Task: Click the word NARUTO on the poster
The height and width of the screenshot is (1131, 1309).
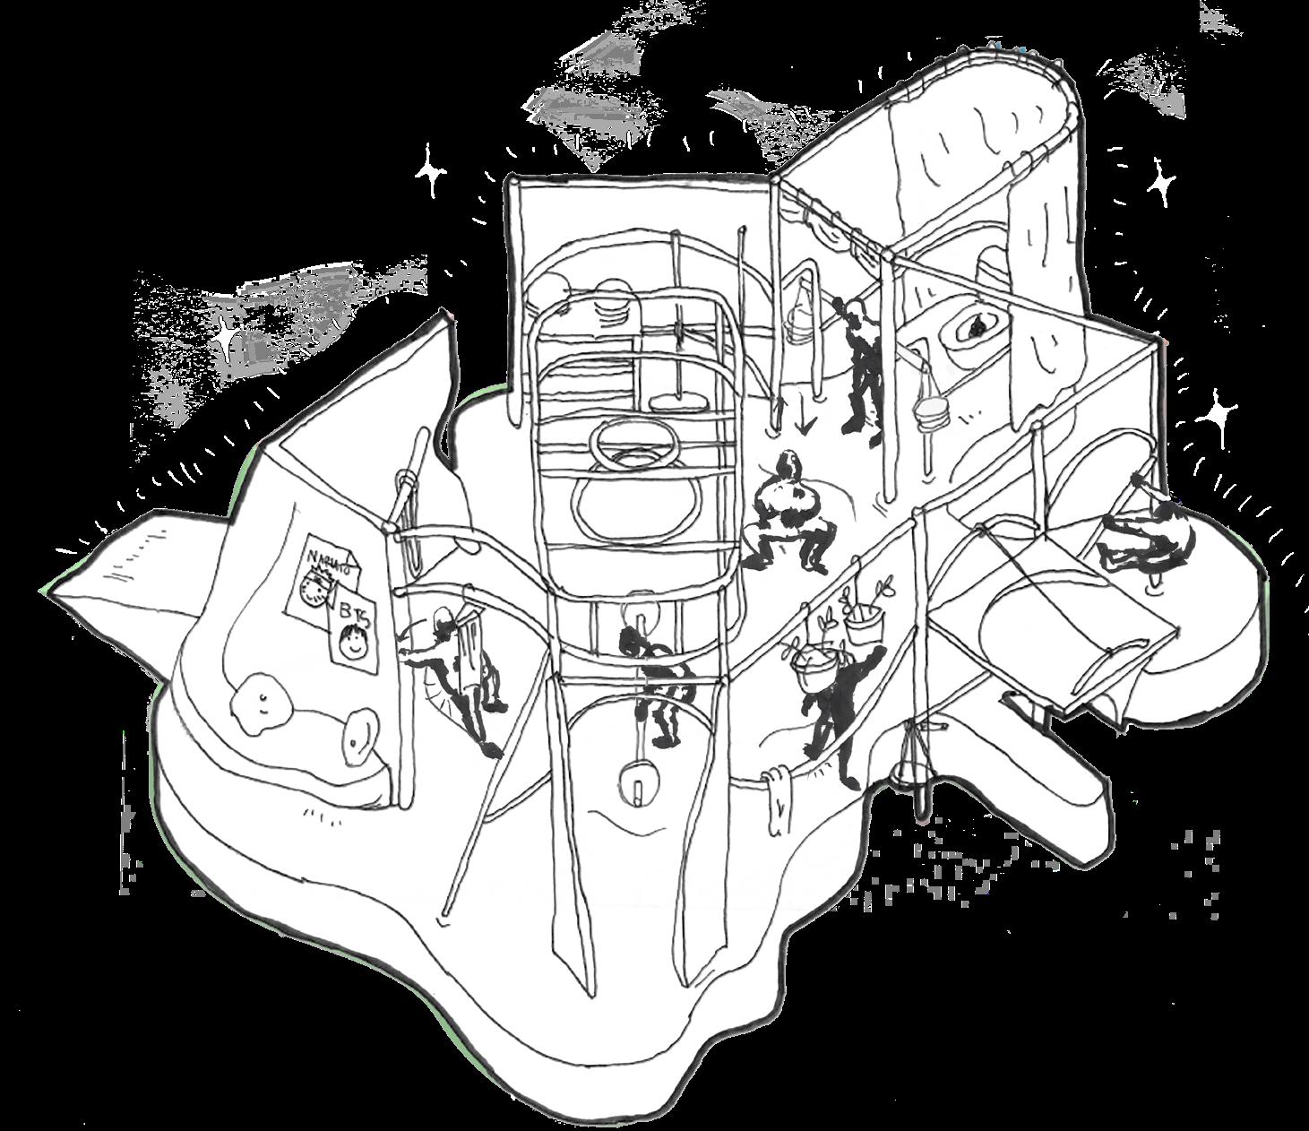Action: pyautogui.click(x=326, y=558)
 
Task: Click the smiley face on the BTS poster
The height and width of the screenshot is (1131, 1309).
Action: pyautogui.click(x=357, y=642)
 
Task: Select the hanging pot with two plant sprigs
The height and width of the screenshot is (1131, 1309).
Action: pyautogui.click(x=862, y=609)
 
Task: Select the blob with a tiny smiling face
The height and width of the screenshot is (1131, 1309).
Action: pyautogui.click(x=260, y=704)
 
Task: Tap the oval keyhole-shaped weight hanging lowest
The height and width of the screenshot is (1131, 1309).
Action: pyautogui.click(x=637, y=780)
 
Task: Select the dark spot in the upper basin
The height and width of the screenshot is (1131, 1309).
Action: pyautogui.click(x=974, y=329)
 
